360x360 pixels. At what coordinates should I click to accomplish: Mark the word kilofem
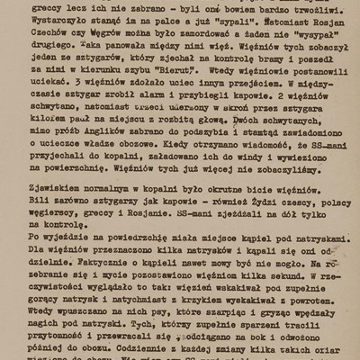pyautogui.click(x=70, y=141)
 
